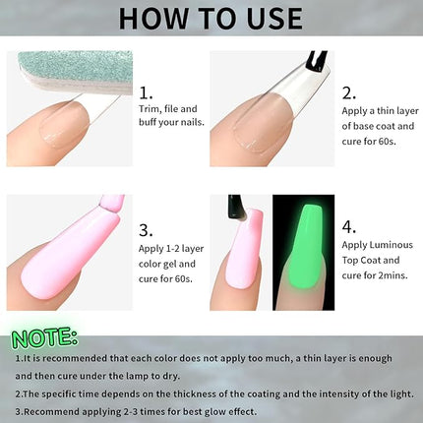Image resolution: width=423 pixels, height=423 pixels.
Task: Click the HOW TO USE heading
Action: coord(211,18)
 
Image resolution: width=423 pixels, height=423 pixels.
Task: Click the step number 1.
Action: coord(145,91)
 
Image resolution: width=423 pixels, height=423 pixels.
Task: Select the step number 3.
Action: coord(145,231)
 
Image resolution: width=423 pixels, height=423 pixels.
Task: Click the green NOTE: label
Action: coord(44,338)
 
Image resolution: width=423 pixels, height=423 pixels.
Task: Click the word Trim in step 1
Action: coord(150,109)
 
